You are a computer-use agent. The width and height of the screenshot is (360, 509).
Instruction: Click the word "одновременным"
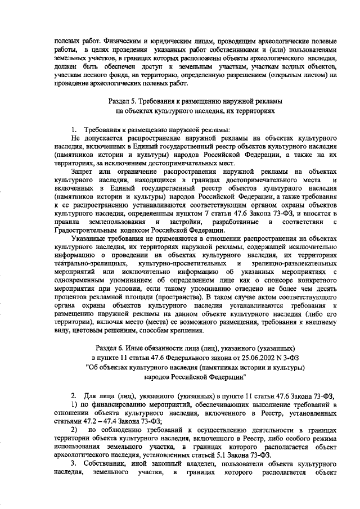tap(84, 280)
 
